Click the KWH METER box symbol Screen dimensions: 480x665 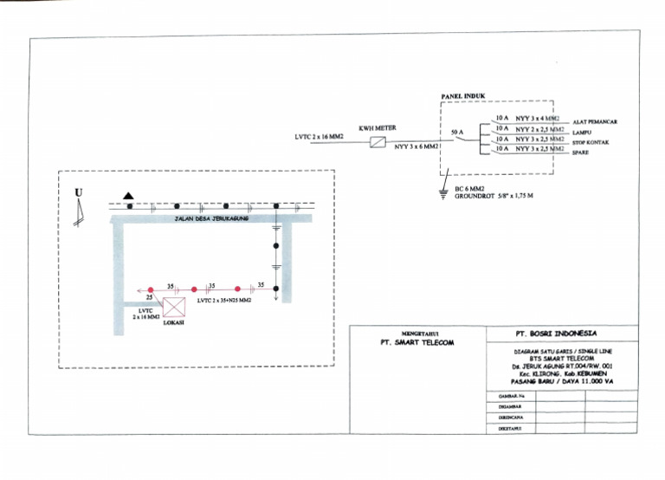click(377, 143)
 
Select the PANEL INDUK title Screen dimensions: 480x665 click(463, 97)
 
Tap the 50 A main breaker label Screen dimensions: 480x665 click(459, 133)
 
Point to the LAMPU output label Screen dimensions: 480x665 click(582, 132)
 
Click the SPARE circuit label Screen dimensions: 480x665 click(580, 152)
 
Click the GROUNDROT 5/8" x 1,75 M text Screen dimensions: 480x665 click(494, 197)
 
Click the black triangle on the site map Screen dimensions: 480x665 click(128, 197)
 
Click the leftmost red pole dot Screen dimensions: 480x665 click(150, 289)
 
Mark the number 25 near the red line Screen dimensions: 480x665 click(148, 297)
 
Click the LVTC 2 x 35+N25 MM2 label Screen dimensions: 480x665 click(223, 301)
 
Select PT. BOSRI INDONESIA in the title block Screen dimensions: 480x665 click(561, 334)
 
